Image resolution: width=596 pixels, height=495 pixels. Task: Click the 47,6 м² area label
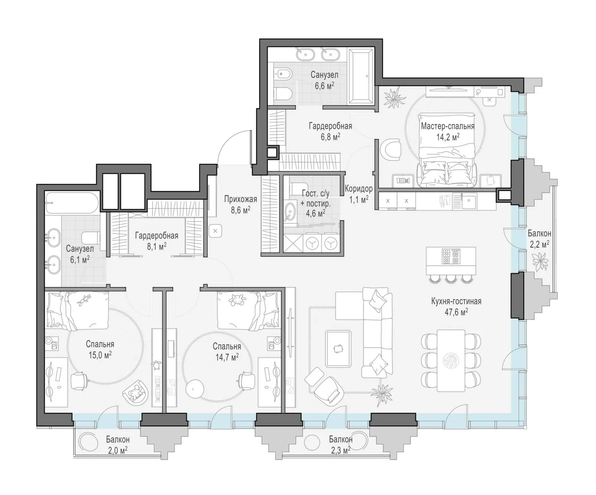click(456, 312)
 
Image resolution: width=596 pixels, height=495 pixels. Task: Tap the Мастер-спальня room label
click(447, 126)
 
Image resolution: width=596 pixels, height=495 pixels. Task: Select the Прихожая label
click(240, 199)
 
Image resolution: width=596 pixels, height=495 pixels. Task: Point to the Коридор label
click(358, 189)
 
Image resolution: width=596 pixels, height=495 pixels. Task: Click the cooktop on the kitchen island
click(451, 256)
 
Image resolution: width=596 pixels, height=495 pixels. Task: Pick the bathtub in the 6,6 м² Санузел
click(361, 75)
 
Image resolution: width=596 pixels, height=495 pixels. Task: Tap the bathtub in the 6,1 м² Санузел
click(72, 203)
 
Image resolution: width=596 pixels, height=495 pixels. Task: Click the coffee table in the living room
click(339, 348)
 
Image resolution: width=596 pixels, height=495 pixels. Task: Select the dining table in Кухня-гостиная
click(451, 360)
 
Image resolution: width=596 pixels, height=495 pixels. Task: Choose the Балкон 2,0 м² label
click(118, 445)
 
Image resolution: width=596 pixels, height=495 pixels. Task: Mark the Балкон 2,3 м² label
click(341, 445)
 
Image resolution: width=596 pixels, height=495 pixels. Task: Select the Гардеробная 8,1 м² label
click(157, 241)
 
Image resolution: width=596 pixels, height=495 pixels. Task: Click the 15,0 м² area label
click(100, 355)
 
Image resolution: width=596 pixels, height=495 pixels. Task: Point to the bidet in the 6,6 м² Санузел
click(283, 75)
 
